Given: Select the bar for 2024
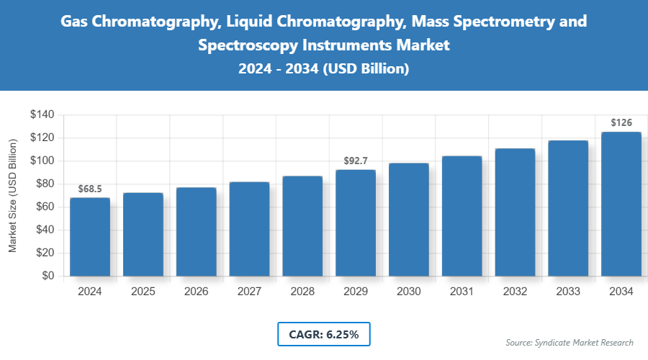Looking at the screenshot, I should coord(90,237).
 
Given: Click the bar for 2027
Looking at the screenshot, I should coord(249,229).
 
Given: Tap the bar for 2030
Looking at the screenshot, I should coord(409,220).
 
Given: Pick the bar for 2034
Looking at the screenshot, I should coord(621,204).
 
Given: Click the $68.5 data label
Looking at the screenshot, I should coord(90,189).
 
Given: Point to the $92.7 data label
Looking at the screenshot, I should coord(356,161).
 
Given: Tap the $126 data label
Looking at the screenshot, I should coord(621,123).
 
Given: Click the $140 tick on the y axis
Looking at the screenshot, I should coord(42,114).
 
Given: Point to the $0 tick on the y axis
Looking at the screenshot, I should coord(48,276).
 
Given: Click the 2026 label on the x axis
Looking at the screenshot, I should coord(196,292).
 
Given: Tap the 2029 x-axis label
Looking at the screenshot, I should coord(356,292).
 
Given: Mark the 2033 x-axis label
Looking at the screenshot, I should coord(568,292).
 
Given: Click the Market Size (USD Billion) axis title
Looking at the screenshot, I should coord(13,195).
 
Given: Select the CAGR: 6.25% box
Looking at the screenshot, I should coord(323,334).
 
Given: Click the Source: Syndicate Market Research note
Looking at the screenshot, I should coord(570,342).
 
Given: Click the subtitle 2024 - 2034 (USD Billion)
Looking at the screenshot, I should coord(323,69).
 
